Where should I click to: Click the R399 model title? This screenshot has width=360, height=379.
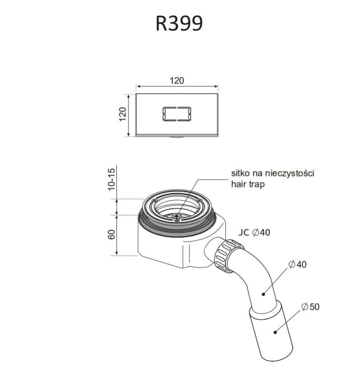(x=179, y=23)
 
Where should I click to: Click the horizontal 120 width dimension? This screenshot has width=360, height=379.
(x=176, y=80)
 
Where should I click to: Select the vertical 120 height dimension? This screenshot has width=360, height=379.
(x=122, y=115)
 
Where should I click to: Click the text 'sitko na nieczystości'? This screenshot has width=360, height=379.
(x=273, y=173)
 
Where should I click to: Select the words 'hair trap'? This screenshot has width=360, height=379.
(x=248, y=184)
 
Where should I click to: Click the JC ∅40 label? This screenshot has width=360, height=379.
(x=254, y=232)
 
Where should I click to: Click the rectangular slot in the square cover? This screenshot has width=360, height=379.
(x=176, y=114)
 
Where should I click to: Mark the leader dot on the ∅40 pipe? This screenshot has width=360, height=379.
(x=263, y=293)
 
